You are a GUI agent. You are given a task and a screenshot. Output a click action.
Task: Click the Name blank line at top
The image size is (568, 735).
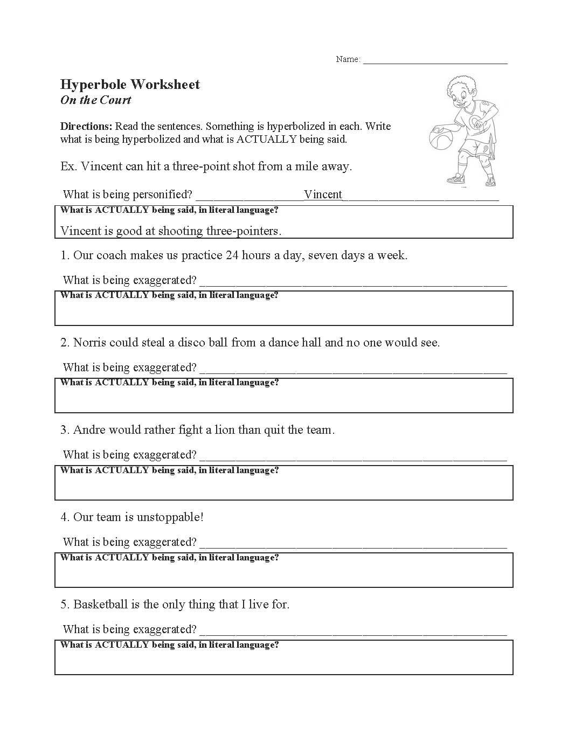435,61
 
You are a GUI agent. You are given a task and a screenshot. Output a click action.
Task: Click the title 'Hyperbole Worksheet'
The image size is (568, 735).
130,85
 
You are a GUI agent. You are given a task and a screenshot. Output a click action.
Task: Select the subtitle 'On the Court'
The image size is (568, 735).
96,100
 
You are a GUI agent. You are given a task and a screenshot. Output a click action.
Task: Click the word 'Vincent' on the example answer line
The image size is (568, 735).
323,195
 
